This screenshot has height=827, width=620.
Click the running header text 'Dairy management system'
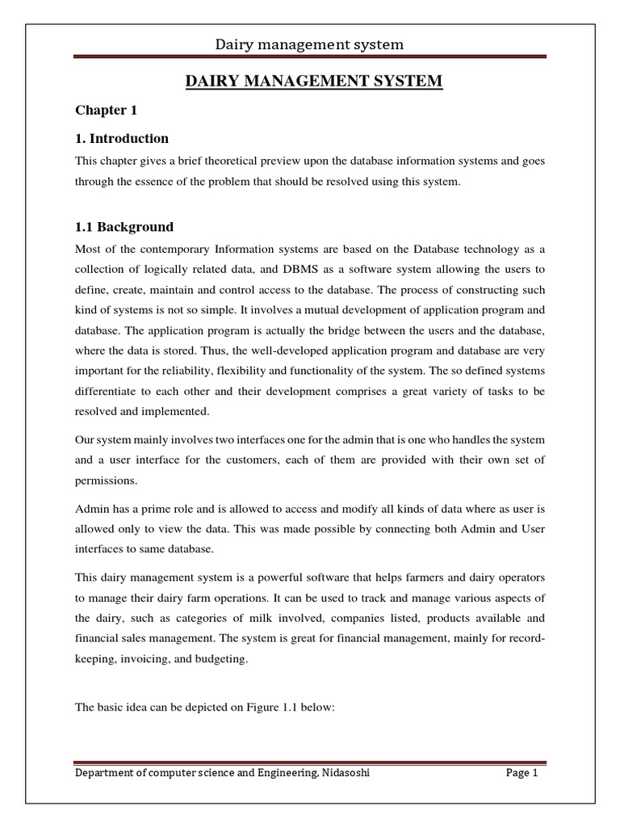309,44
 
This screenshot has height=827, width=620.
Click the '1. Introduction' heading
122,138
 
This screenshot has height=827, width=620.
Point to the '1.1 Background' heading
124,227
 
